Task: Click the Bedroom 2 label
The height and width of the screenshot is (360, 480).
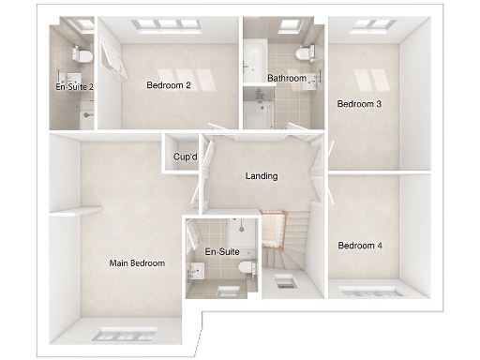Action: click(x=169, y=85)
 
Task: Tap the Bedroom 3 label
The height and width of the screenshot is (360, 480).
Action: click(x=359, y=104)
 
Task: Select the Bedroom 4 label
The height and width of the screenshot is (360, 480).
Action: click(x=360, y=246)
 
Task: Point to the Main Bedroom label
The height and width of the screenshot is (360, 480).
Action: click(x=137, y=263)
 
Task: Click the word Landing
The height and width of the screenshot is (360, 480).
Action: click(x=261, y=176)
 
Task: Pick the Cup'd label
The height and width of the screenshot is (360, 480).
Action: click(x=185, y=157)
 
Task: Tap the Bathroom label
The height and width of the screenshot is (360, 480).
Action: click(x=286, y=79)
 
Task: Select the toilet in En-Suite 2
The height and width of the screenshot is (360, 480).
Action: click(x=83, y=56)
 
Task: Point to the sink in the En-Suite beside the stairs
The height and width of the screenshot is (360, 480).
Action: click(x=195, y=271)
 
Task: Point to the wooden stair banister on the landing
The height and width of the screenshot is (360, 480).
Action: click(x=273, y=228)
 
